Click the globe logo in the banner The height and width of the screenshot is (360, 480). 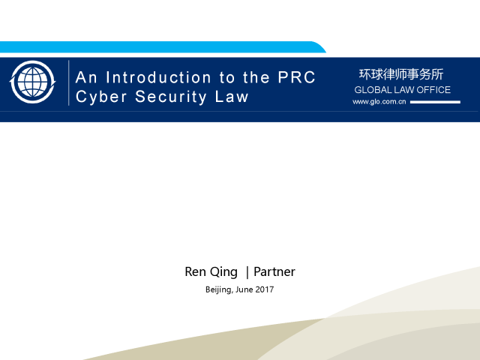click(32, 82)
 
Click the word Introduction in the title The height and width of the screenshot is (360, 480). click(158, 77)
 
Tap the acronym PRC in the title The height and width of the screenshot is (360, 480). click(296, 77)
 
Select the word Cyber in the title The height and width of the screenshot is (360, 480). click(101, 97)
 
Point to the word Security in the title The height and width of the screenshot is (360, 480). click(171, 97)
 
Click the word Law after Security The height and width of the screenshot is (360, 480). click(232, 97)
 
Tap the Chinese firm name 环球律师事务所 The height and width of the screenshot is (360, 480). click(401, 74)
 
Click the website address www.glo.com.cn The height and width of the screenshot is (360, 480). click(379, 102)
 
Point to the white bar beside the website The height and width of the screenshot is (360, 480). click(435, 102)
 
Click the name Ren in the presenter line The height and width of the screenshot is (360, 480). click(195, 271)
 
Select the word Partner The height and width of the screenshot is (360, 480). click(274, 271)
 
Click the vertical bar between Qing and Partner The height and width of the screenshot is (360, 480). click(247, 272)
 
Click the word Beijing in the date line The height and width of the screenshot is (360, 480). click(218, 289)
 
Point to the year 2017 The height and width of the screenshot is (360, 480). click(265, 289)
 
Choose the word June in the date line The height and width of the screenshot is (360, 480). click(244, 289)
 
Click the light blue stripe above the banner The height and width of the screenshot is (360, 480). click(162, 46)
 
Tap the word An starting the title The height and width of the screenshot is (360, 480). click(87, 77)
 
